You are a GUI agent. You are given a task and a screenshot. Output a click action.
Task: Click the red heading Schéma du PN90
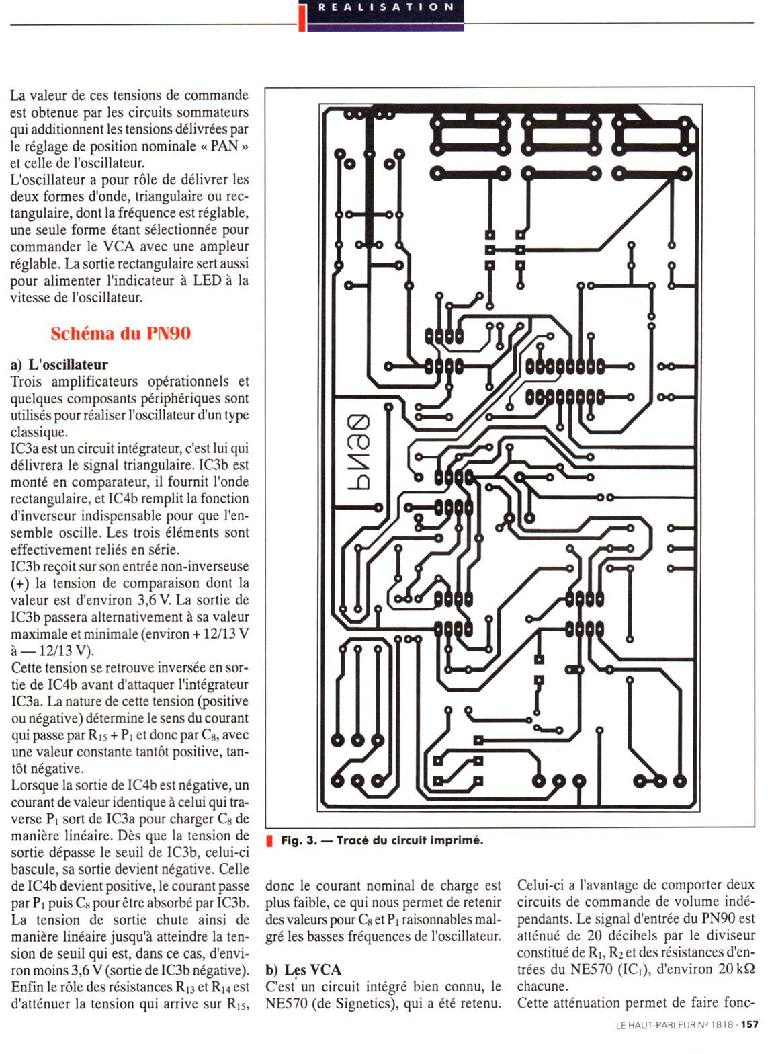point(120,333)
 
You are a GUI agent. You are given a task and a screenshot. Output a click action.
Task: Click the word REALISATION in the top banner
point(386,7)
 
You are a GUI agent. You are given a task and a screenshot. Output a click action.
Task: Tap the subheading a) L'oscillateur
point(59,365)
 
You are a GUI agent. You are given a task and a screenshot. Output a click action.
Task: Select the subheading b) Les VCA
point(303,969)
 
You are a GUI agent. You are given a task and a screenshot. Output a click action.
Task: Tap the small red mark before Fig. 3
point(270,840)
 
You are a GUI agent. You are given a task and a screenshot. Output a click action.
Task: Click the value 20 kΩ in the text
point(736,969)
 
